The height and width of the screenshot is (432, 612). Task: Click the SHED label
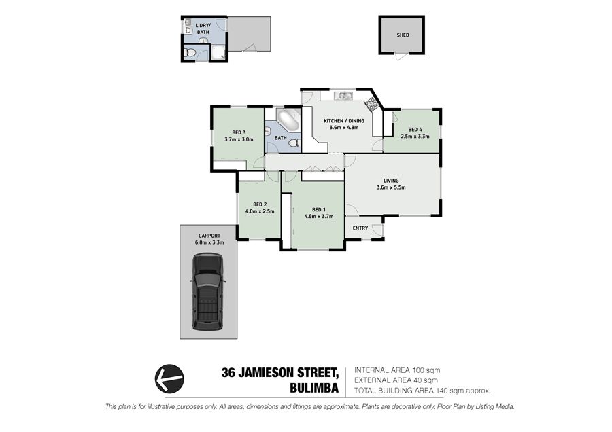pos(403,35)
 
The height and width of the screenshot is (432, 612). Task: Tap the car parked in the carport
pos(208,291)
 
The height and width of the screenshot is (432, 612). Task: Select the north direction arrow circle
pos(170,378)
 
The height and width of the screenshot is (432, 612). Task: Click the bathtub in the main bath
pos(288,120)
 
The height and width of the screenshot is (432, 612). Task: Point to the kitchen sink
pos(344,95)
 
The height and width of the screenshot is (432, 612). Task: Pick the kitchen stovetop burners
pos(371,104)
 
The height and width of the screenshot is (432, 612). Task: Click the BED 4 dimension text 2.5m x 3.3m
pos(415,137)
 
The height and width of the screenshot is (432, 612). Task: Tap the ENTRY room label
pos(360,228)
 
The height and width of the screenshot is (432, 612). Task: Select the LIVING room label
pos(391,181)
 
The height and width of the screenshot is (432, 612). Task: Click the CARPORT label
pos(209,236)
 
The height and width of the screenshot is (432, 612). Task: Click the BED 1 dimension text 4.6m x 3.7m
pos(319,217)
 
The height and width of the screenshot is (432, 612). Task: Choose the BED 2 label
pos(260,204)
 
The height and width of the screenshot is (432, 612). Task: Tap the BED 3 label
pos(239,132)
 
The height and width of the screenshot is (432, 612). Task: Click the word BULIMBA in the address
pos(314,389)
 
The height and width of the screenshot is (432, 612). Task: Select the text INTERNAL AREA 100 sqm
pos(397,370)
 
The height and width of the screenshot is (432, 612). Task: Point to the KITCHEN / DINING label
pos(344,121)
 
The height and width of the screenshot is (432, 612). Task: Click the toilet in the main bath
pos(294,143)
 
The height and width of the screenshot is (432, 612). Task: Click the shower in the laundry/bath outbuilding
pos(218,52)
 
